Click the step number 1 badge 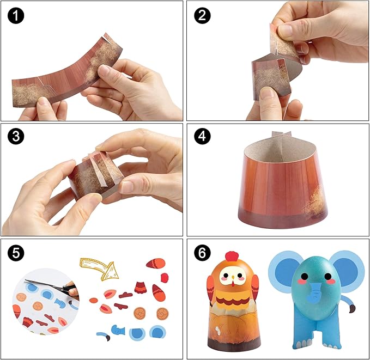(16, 15)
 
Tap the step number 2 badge (202, 15)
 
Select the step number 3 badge (16, 136)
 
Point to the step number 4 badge (202, 136)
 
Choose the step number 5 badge (16, 253)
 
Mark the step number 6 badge (202, 253)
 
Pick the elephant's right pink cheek (331, 282)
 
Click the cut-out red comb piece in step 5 (165, 278)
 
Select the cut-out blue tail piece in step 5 (104, 336)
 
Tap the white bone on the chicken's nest (218, 331)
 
